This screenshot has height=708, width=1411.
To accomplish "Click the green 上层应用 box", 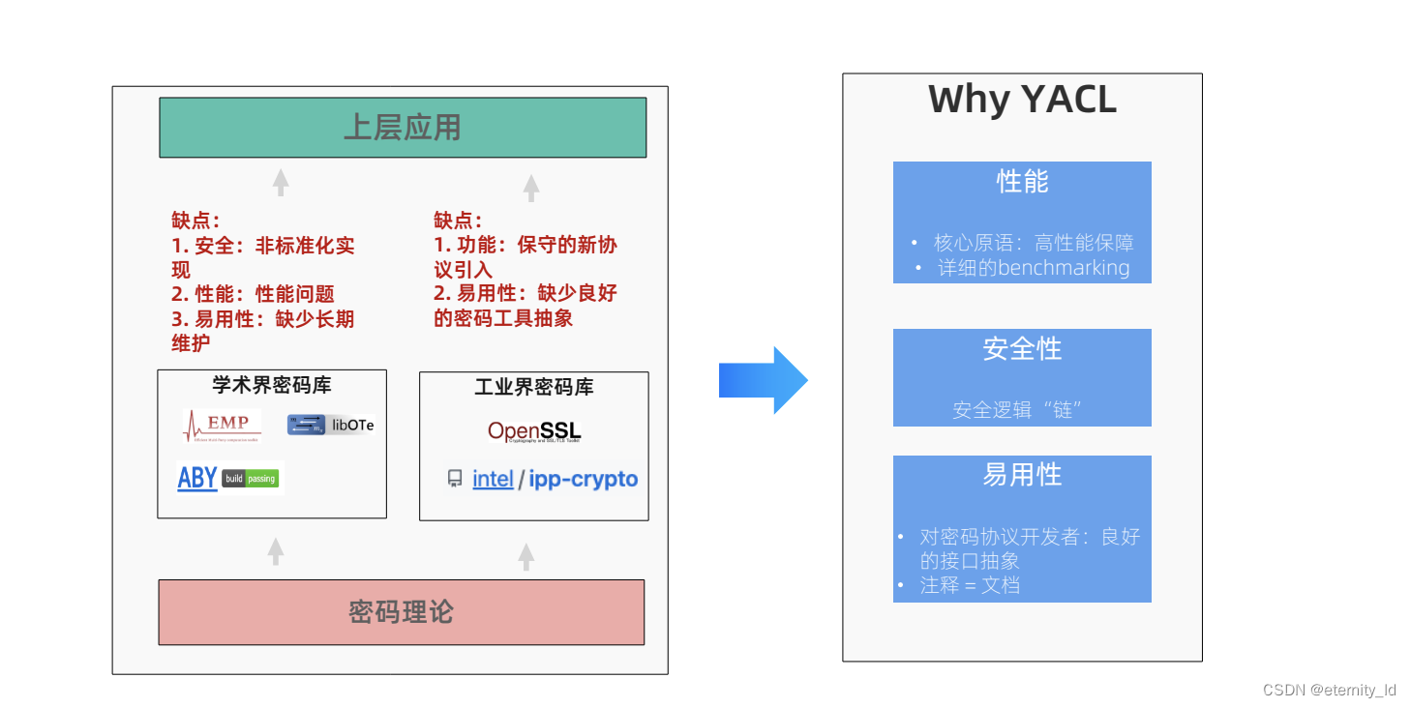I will coord(403,128).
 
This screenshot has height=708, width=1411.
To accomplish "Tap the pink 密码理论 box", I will coord(401,612).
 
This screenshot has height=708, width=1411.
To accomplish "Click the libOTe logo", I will coord(330,425).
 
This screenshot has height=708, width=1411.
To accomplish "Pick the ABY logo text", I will coord(197,478).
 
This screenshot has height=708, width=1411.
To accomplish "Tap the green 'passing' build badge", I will coord(261,479).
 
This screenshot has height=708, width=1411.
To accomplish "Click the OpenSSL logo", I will coord(534,431).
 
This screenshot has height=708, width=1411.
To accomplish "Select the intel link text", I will coord(493,479).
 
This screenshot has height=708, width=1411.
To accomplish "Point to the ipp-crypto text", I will coord(584,479).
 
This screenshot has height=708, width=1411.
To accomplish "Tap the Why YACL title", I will coord(1022,100).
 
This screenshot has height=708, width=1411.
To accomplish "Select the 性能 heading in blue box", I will coord(1022,181).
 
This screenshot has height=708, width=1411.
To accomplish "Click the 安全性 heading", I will coord(1022,348).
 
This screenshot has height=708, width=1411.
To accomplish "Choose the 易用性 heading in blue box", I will coord(1022,475).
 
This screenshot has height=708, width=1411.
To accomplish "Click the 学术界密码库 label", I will coord(272,385).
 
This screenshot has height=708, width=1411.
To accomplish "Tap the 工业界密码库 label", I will coord(534,387).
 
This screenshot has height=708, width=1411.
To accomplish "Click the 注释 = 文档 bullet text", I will coord(970,585).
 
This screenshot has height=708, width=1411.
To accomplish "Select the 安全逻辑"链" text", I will coord(1016,410).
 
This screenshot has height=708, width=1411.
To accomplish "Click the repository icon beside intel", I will coord(455,479).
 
